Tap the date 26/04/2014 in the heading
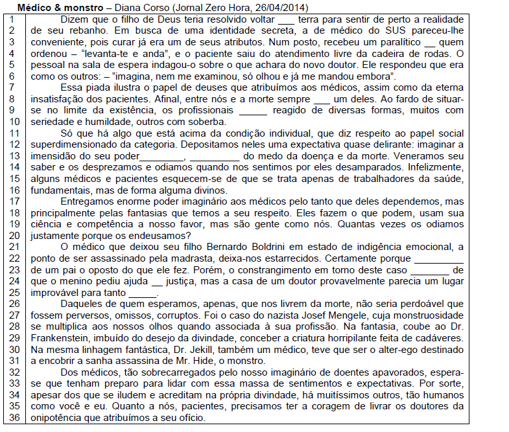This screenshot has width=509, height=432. click(282, 8)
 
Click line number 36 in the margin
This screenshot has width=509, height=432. click(12, 418)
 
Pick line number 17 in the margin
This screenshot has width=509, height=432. click(12, 201)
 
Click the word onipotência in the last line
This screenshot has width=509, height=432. click(53, 418)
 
